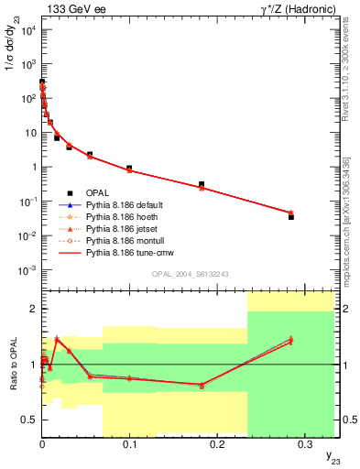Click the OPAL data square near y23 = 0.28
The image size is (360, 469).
click(291, 217)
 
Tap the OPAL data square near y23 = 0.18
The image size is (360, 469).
click(202, 184)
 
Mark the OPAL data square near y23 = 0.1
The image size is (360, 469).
click(129, 169)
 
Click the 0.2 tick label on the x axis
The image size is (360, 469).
click(217, 442)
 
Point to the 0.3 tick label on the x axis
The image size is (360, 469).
click(305, 442)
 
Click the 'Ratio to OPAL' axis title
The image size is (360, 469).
click(12, 365)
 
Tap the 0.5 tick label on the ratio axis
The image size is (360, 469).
click(29, 420)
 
